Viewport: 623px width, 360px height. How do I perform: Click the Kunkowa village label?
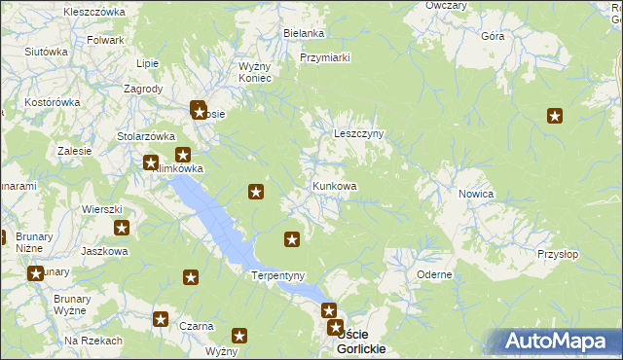(335, 186)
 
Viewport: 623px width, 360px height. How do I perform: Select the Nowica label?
(476, 194)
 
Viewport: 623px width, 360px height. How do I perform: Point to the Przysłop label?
(557, 254)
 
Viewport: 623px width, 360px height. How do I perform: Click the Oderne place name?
(433, 274)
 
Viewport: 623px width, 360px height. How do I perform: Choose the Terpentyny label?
(279, 275)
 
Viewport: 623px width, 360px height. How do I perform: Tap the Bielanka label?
(304, 33)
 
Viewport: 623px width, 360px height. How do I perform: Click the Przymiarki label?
(325, 57)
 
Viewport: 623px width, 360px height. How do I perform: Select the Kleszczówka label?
(94, 12)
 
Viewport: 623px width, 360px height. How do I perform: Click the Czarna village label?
(197, 326)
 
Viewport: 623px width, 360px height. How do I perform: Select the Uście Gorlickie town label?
(360, 342)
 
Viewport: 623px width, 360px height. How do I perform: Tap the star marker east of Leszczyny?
(555, 117)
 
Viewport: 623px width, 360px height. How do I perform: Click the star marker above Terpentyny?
(291, 238)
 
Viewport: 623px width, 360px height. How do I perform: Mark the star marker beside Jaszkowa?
(122, 228)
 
